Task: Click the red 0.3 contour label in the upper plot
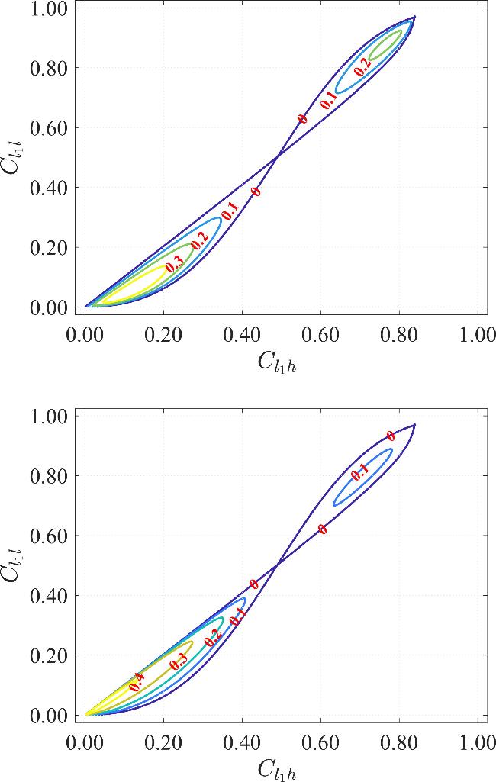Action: (x=174, y=265)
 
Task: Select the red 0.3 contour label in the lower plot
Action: (x=179, y=661)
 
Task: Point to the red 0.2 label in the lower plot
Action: (x=214, y=638)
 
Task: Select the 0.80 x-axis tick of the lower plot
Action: (x=398, y=742)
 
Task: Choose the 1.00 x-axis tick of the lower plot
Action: (x=478, y=742)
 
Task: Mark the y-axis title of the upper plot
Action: (x=14, y=156)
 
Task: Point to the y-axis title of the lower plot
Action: (x=14, y=565)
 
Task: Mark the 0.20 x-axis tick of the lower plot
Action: (x=163, y=742)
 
